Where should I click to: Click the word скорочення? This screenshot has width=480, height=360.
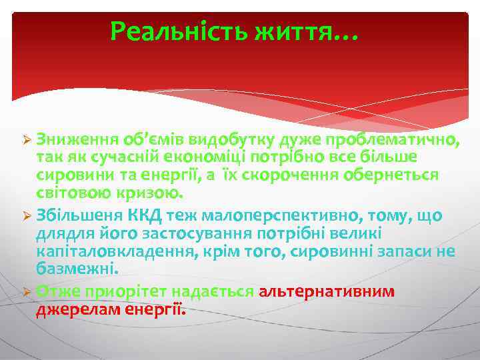tap(289, 175)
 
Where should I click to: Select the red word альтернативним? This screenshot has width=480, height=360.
tap(327, 291)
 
